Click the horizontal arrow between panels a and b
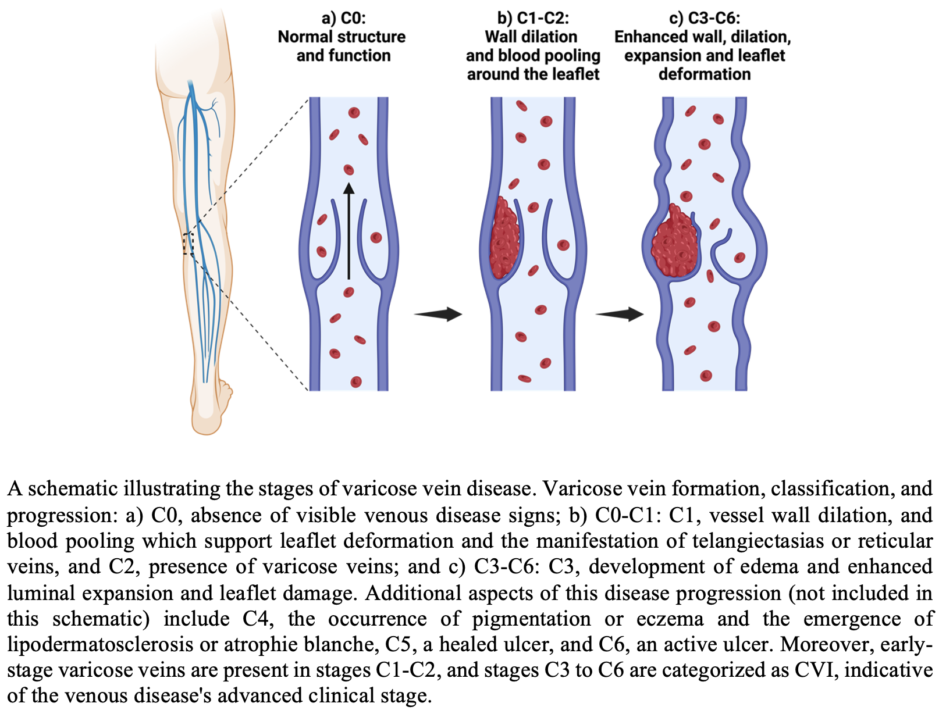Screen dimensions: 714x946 (438, 315)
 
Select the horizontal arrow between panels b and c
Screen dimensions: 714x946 (620, 315)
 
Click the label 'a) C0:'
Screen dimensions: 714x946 (343, 18)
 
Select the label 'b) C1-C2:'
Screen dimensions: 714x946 (532, 18)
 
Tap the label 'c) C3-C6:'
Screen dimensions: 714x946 (704, 18)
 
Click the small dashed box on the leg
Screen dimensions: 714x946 (187, 244)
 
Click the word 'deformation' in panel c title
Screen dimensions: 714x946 (704, 74)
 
